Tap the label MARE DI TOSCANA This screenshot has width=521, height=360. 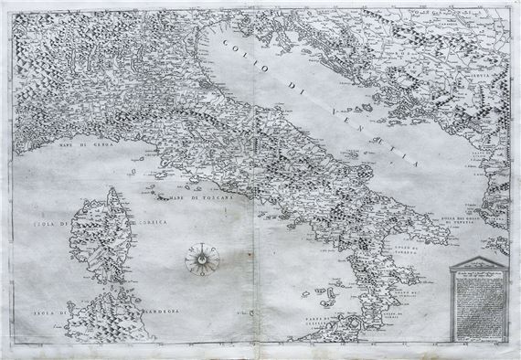184,200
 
